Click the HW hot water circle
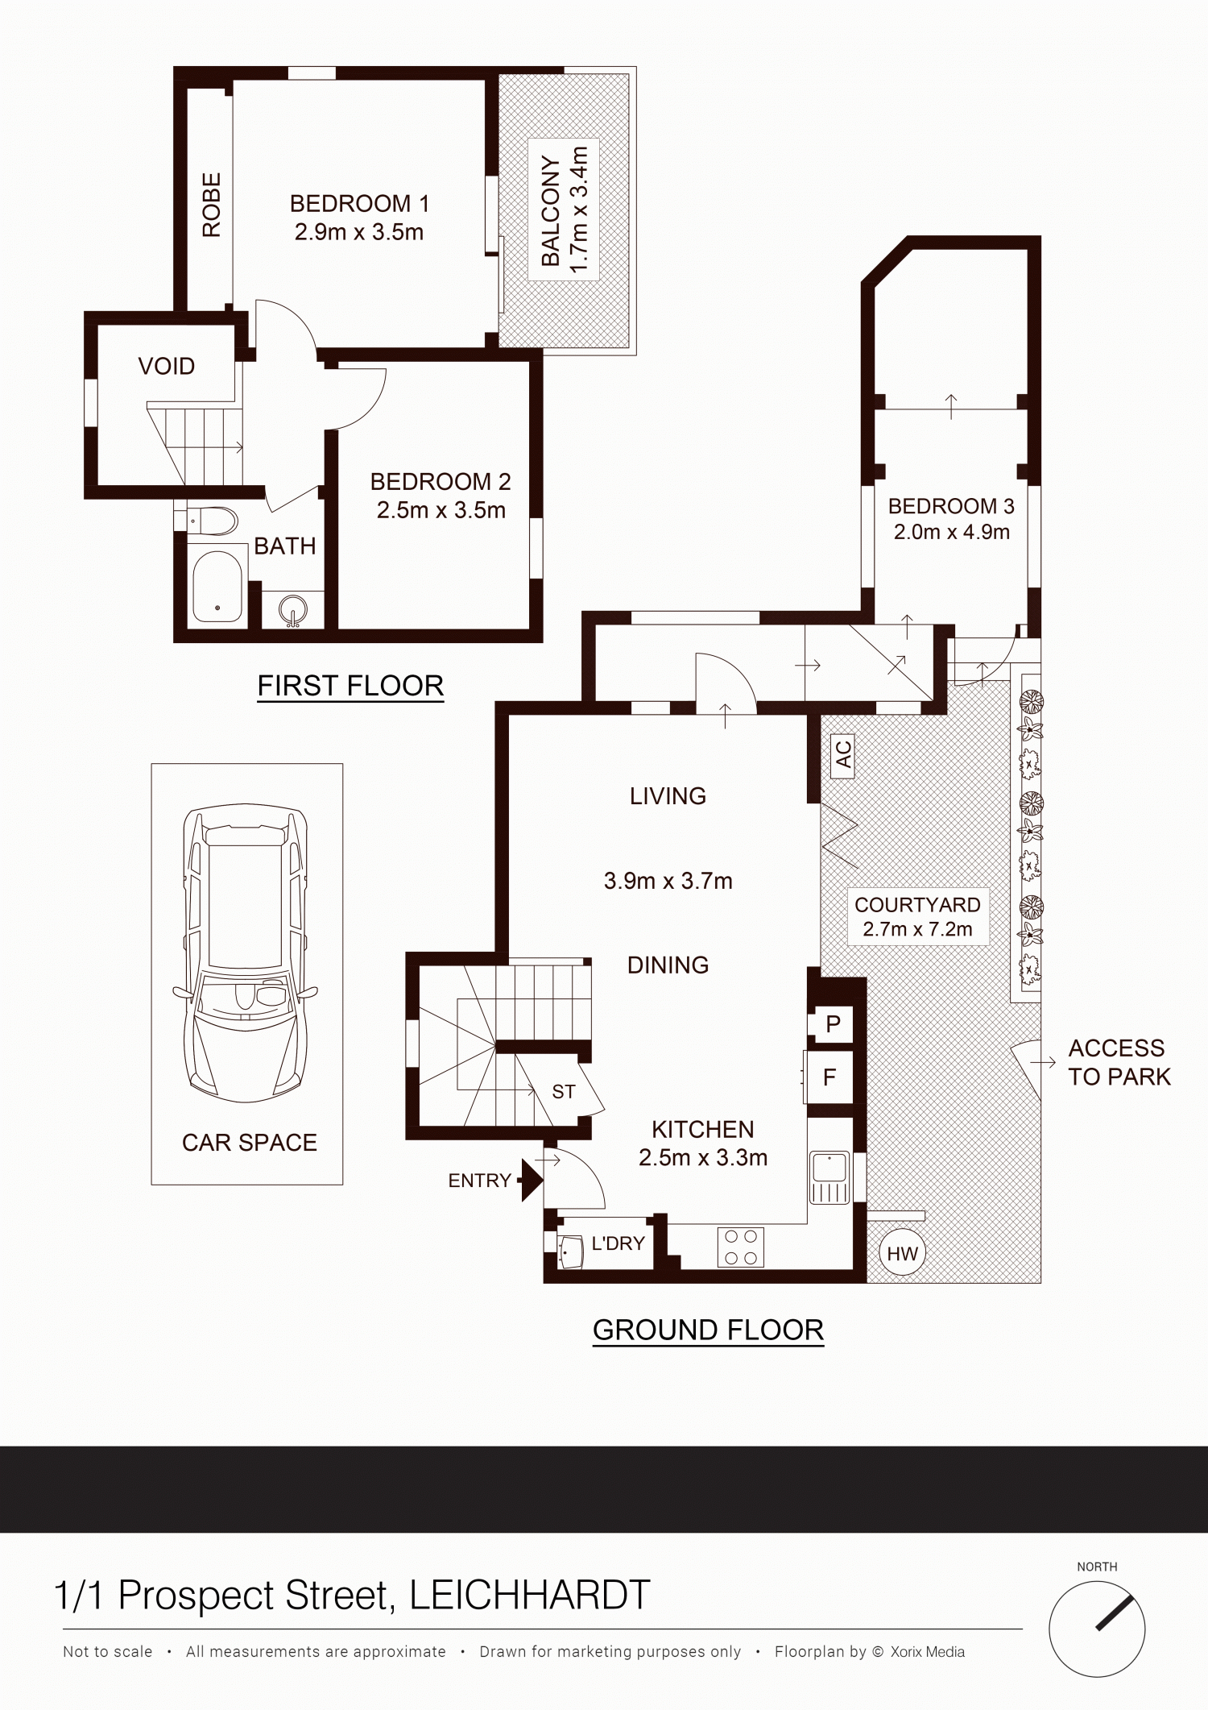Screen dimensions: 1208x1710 point(902,1253)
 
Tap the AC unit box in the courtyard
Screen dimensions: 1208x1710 point(842,756)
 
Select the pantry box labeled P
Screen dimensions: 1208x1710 point(834,1023)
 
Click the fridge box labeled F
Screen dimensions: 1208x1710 point(829,1077)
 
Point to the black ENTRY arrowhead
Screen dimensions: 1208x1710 point(532,1181)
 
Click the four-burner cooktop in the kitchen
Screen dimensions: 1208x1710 point(741,1247)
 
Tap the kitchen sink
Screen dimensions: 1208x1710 point(829,1177)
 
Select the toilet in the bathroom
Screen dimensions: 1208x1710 point(213,521)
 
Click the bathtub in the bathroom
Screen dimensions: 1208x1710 point(217,586)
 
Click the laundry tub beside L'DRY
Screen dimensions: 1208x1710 point(570,1252)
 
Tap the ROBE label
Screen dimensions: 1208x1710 point(211,205)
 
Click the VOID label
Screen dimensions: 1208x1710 point(167,367)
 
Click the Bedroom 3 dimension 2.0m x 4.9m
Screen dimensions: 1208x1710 point(951,532)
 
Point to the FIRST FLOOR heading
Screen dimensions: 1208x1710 point(350,686)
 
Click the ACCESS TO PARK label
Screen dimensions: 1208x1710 point(1119,1062)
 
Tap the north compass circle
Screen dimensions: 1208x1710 point(1097,1629)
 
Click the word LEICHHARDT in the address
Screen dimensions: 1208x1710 point(530,1596)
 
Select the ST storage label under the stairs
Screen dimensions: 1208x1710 point(564,1092)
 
